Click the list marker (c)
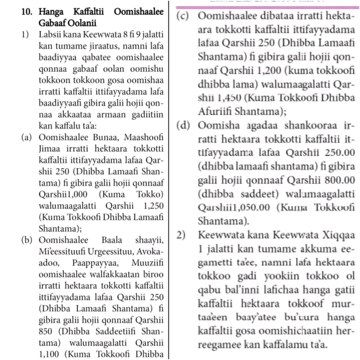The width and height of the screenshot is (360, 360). click(185, 16)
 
